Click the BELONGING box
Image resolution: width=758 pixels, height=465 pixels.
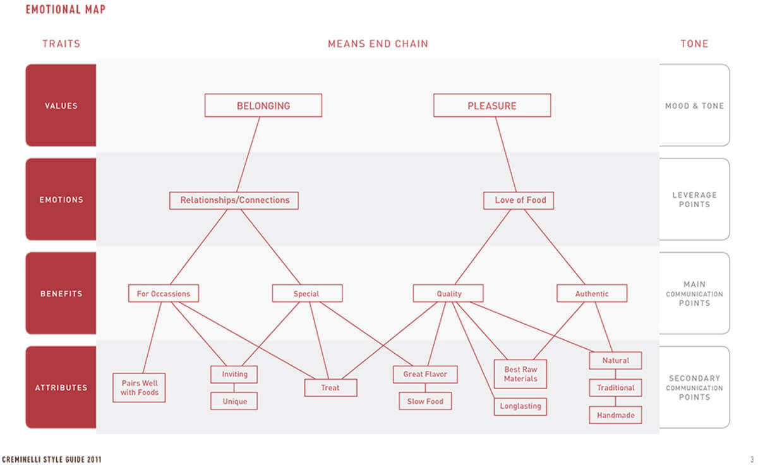[x=263, y=106]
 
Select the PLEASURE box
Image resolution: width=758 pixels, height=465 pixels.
[x=492, y=106]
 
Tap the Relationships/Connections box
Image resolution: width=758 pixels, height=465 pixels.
[x=234, y=200]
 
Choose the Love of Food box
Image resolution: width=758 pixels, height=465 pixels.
[x=519, y=200]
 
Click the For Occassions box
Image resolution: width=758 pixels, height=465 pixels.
[x=164, y=293]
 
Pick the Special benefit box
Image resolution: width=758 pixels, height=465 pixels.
[x=307, y=293]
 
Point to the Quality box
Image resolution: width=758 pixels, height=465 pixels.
[x=448, y=293]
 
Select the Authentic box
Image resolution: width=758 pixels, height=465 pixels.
[x=592, y=293]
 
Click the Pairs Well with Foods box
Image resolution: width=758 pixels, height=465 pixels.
[x=139, y=388]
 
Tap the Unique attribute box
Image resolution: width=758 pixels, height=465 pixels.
[x=234, y=401]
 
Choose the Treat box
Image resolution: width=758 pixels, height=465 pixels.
[x=330, y=387]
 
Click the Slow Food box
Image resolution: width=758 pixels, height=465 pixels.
[x=425, y=401]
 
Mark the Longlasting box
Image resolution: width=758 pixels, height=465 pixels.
[x=520, y=406]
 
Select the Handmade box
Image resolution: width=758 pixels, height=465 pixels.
[x=615, y=415]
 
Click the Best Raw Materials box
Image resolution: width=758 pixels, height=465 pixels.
[x=520, y=374]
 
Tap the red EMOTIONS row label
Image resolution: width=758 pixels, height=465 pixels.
[x=61, y=200]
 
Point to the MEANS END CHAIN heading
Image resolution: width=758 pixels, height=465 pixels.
[x=378, y=44]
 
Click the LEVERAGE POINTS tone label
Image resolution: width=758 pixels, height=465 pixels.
[x=694, y=200]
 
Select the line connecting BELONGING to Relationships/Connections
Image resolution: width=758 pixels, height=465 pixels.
[x=248, y=154]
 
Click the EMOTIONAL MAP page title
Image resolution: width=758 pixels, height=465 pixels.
[x=66, y=9]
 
